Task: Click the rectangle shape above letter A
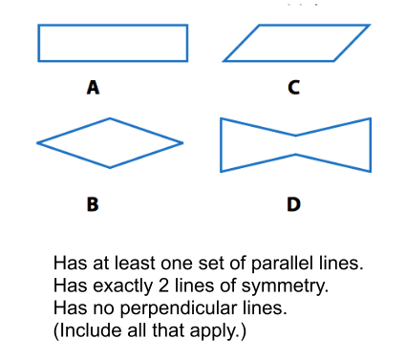113,25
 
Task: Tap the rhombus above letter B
74,131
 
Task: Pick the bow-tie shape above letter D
221,145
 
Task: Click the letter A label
93,87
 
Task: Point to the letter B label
93,204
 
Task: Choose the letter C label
294,87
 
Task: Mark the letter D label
293,204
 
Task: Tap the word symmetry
285,286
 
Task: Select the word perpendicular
179,308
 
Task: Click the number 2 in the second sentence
163,286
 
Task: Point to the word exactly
123,286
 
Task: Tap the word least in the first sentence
135,264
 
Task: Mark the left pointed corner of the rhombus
37,143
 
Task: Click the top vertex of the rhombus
110,118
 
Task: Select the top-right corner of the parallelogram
370,25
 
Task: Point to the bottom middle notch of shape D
296,155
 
